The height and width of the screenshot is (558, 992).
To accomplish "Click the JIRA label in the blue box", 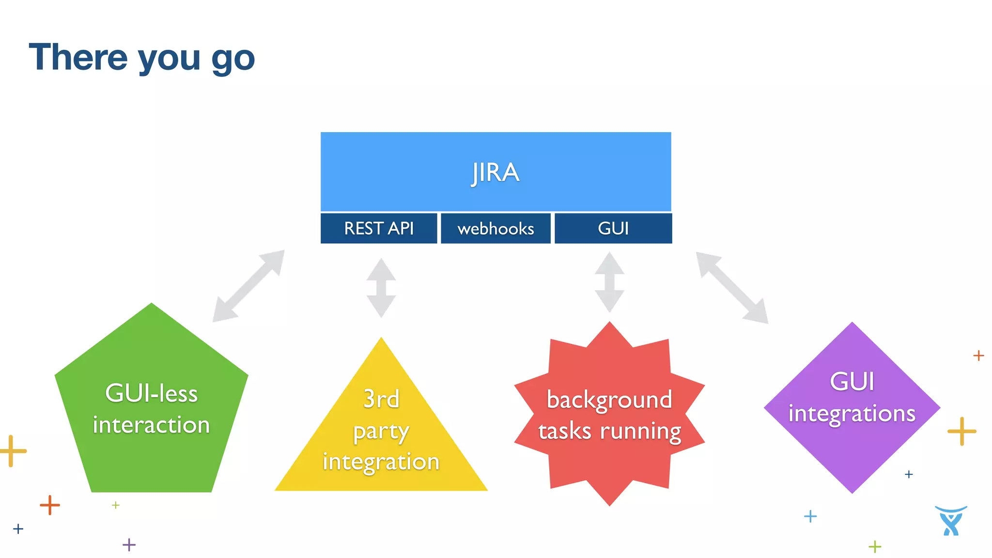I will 496,172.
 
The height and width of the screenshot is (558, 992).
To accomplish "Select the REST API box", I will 379,228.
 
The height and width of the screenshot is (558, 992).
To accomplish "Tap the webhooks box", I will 496,228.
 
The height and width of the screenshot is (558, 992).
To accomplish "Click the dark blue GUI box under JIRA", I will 613,228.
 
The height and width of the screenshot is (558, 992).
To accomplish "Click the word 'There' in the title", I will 78,57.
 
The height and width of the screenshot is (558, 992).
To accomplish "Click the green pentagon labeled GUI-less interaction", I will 151,426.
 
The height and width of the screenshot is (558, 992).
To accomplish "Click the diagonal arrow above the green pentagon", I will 248,286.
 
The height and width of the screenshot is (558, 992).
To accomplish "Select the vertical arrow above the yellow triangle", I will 381,288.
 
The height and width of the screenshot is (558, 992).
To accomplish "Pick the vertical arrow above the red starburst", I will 609,282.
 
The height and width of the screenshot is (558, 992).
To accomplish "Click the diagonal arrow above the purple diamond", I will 732,287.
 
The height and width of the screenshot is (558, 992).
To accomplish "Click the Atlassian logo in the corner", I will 951,521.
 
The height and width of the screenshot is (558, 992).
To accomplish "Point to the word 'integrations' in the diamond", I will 852,414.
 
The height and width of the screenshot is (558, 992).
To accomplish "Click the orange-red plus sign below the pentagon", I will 50,505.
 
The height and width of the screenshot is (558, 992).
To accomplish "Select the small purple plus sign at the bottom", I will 129,545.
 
